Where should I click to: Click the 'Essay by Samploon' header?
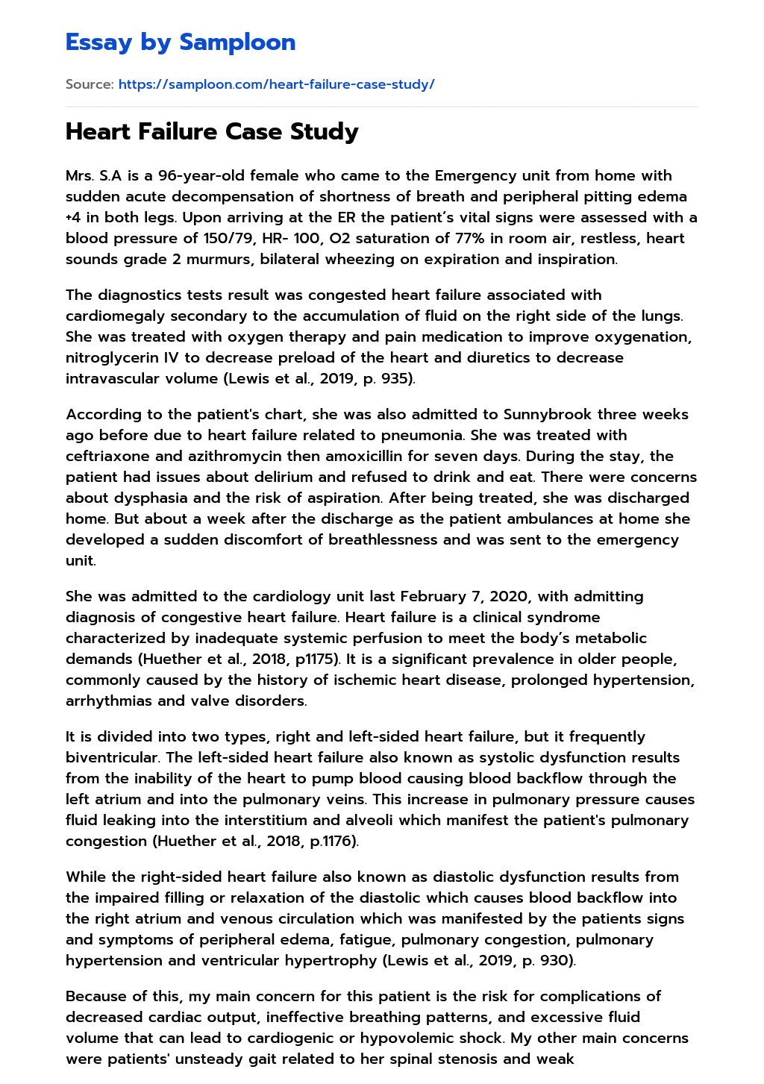click(181, 43)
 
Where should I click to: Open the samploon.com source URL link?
click(276, 84)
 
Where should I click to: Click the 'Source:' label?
click(90, 84)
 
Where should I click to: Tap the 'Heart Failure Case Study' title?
click(212, 131)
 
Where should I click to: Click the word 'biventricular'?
click(112, 758)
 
